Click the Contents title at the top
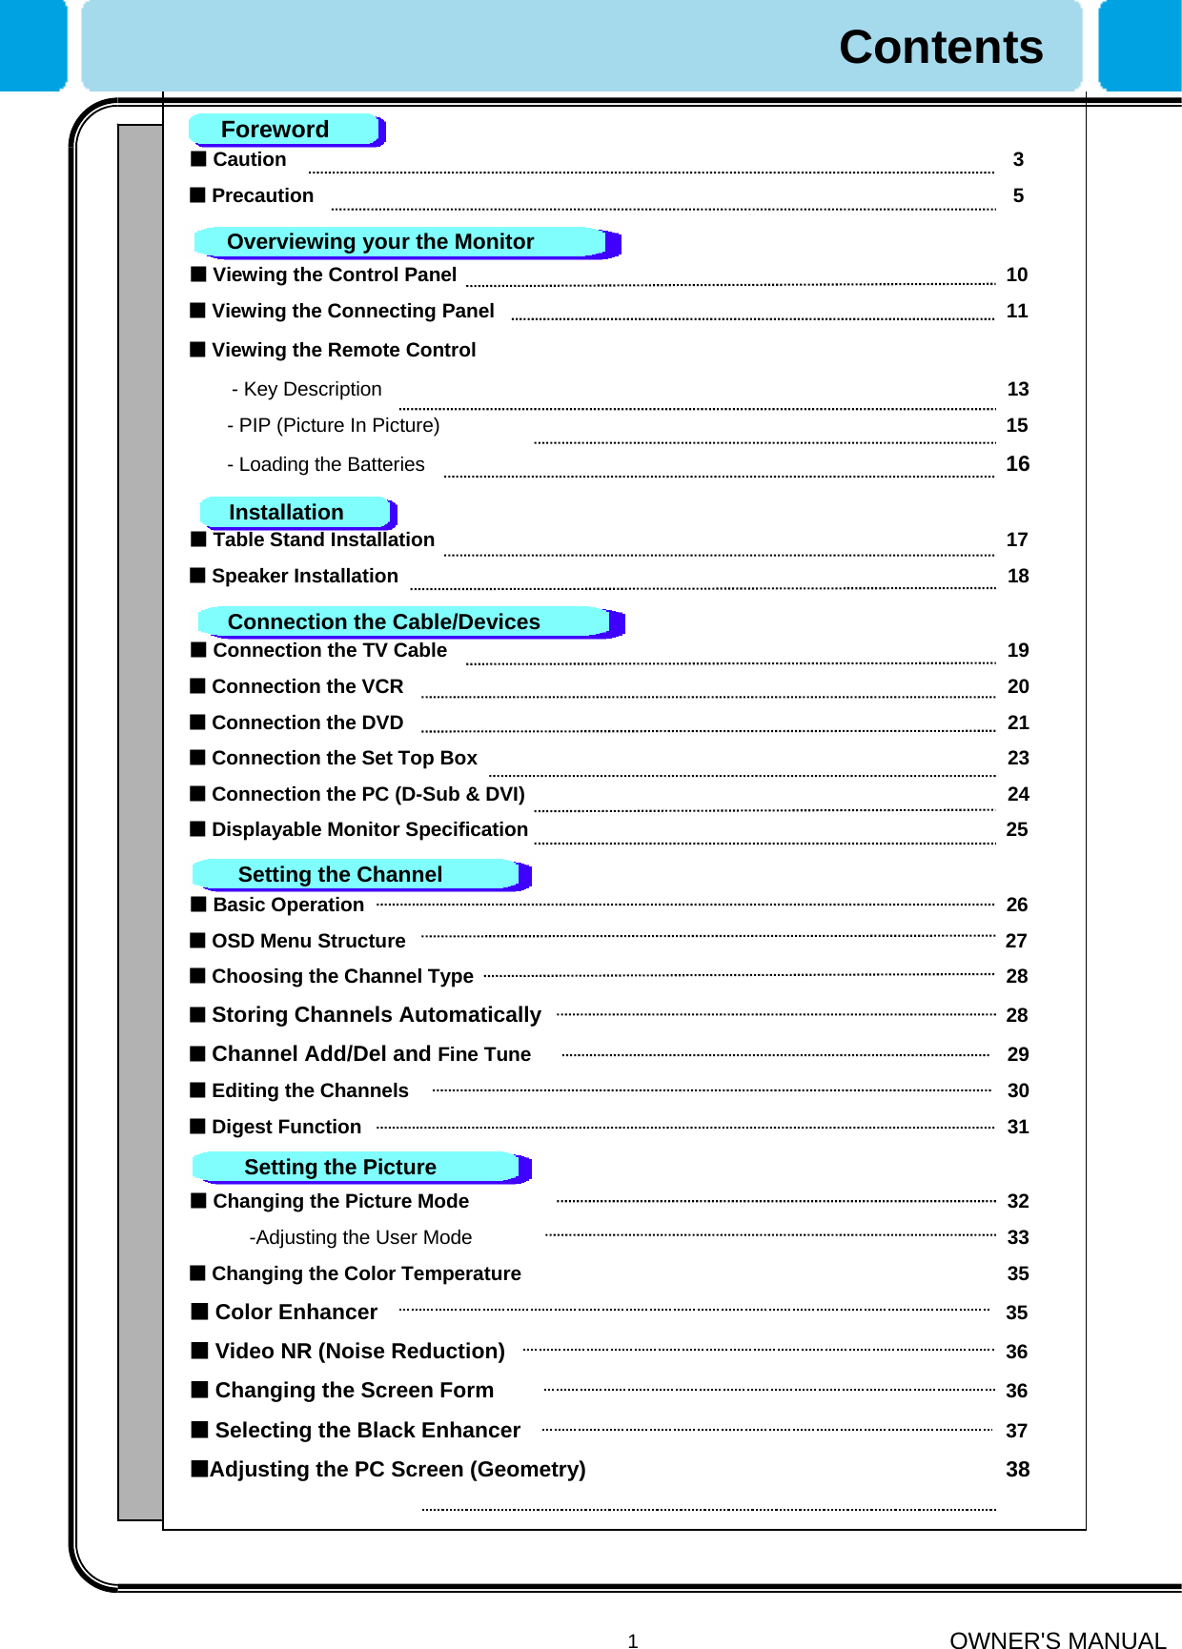[x=940, y=48]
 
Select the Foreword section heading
[x=275, y=130]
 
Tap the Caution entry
[x=249, y=159]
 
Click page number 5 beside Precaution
[x=1018, y=195]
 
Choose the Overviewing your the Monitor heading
[x=380, y=242]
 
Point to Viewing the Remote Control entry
[x=343, y=350]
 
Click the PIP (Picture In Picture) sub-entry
[x=334, y=425]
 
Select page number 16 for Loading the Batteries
[x=1017, y=464]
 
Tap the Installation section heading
[x=286, y=513]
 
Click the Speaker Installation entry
[x=304, y=576]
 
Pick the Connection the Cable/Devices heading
[x=383, y=622]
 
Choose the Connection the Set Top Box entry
[x=344, y=758]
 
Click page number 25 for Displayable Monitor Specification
[x=1017, y=829]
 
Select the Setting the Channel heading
[x=339, y=875]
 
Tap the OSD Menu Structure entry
[x=308, y=941]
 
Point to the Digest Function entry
[x=286, y=1127]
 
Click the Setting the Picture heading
[x=339, y=1168]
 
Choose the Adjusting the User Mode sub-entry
[x=360, y=1237]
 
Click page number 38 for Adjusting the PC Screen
[x=1017, y=1470]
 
